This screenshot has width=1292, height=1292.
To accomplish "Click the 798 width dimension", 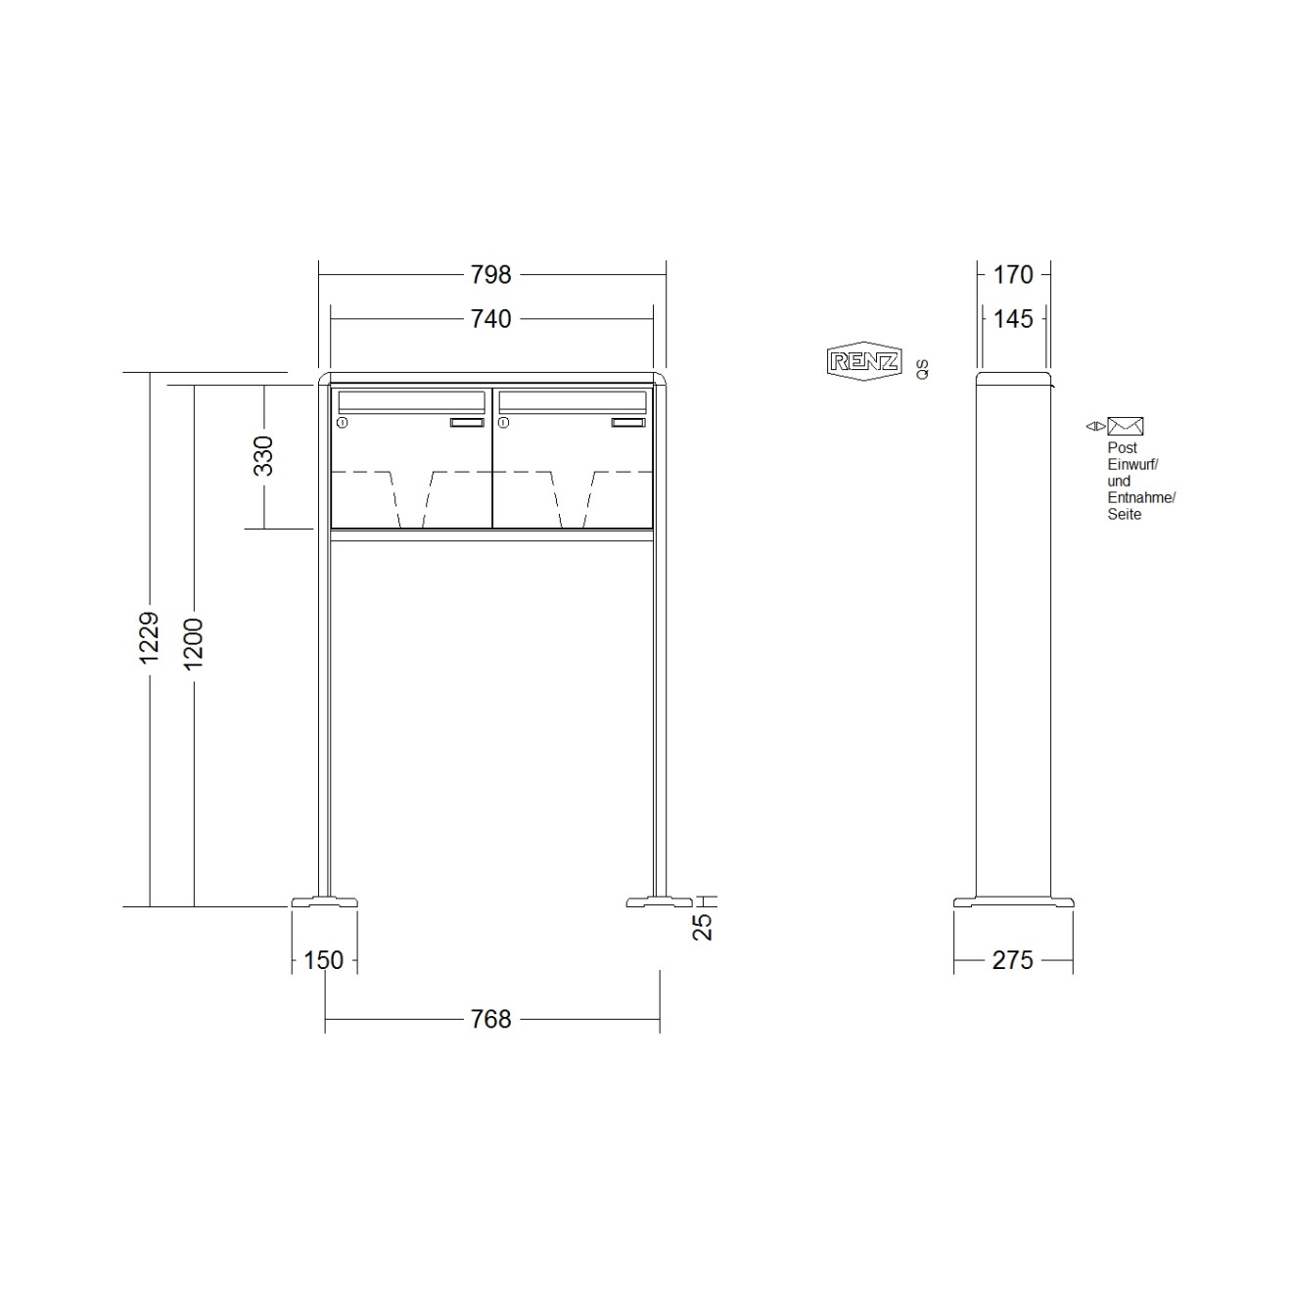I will click(490, 275).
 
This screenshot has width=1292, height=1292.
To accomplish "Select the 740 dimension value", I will click(490, 319).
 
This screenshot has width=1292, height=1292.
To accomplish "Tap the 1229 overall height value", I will click(150, 638).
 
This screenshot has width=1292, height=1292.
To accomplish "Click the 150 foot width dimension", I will click(323, 960).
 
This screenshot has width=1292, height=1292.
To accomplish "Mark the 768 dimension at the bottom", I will click(490, 1020).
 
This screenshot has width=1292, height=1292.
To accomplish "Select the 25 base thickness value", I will click(703, 925).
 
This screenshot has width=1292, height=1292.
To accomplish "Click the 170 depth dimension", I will click(1013, 275).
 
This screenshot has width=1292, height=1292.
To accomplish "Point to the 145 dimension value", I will click(1013, 319).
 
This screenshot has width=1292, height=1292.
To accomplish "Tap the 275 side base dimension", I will click(1012, 960).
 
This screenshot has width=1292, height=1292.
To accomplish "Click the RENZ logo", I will click(863, 362).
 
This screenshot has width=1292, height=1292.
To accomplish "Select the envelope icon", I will click(1126, 426).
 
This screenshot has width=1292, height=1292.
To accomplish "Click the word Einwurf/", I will click(1132, 465).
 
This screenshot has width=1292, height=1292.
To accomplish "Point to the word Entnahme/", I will click(1141, 498).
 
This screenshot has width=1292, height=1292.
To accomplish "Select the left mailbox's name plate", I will click(467, 423).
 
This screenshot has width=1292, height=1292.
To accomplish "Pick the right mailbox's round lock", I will click(504, 423).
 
